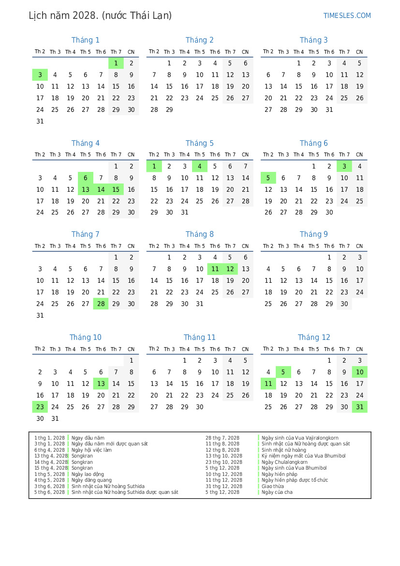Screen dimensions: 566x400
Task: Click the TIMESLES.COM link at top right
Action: pyautogui.click(x=347, y=15)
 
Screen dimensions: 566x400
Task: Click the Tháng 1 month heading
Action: pyautogui.click(x=86, y=40)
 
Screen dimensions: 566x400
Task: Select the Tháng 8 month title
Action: pyautogui.click(x=200, y=234)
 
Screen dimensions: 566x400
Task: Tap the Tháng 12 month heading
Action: pyautogui.click(x=314, y=337)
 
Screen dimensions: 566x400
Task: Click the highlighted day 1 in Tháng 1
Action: pyautogui.click(x=116, y=63)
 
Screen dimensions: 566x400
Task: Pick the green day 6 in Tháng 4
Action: pyautogui.click(x=86, y=178)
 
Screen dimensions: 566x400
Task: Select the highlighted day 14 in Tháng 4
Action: pyautogui.click(x=101, y=190)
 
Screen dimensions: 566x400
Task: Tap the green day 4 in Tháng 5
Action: pyautogui.click(x=200, y=166)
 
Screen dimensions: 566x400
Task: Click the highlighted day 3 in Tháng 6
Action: pyautogui.click(x=344, y=166)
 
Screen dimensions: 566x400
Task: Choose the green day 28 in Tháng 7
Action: pyautogui.click(x=101, y=304)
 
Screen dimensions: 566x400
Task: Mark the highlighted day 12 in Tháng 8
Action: pyautogui.click(x=230, y=269)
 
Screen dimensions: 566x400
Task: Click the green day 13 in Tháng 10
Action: pyautogui.click(x=101, y=384)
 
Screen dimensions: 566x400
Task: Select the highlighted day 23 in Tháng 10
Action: pyautogui.click(x=40, y=407)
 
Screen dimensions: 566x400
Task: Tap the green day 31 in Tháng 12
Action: pyautogui.click(x=359, y=407)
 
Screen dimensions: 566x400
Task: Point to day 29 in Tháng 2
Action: pyautogui.click(x=169, y=110)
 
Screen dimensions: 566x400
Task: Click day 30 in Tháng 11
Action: pyautogui.click(x=200, y=407)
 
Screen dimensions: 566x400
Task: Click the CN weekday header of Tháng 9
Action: pyautogui.click(x=359, y=246)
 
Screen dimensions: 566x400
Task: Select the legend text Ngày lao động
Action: pyautogui.click(x=88, y=474)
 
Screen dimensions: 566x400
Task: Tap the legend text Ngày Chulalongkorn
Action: pyautogui.click(x=284, y=462)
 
